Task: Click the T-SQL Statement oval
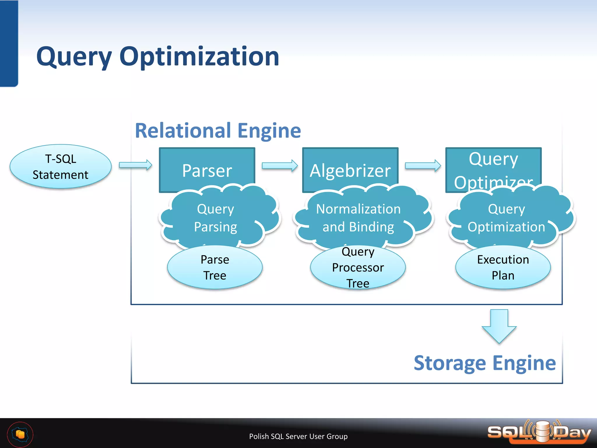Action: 61,167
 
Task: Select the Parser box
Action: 207,166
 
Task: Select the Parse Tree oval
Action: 215,267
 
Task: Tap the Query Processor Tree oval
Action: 358,267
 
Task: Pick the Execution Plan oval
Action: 503,267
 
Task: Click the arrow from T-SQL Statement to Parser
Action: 136,165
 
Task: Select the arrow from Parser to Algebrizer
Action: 280,166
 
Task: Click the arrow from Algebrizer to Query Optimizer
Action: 423,166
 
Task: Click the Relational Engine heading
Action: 218,130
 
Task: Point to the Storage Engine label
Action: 485,363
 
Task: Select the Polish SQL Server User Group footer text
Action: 298,436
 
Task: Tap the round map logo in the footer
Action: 20,435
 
